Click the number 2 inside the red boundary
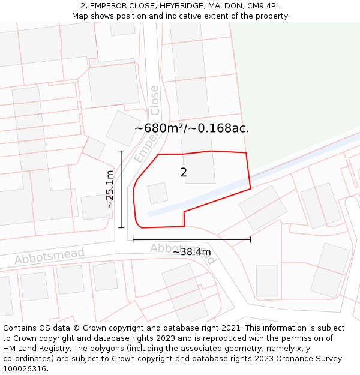[x=184, y=173]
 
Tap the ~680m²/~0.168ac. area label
[x=191, y=128]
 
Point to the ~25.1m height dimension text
[x=110, y=189]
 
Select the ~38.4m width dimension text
[x=191, y=252]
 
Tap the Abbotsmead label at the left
[x=50, y=256]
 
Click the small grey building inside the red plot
[x=158, y=193]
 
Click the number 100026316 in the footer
[x=25, y=369]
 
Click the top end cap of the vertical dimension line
[x=121, y=151]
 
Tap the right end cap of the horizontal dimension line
[x=250, y=239]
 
